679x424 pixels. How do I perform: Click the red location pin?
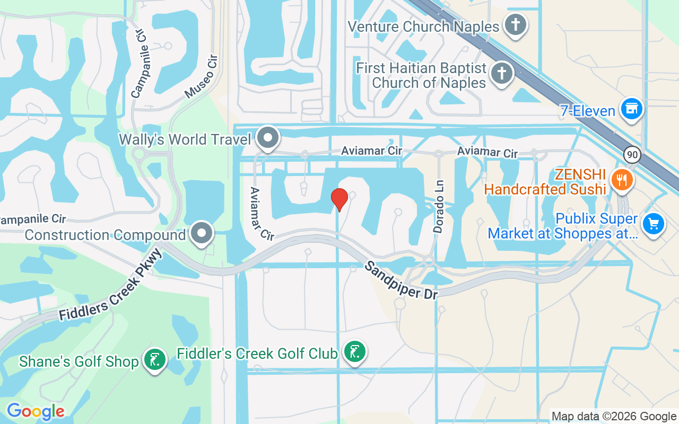point(339,199)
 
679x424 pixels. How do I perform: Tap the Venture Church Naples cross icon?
point(515,25)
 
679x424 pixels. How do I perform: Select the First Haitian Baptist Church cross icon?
point(501,73)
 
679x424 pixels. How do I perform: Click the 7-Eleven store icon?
point(631,109)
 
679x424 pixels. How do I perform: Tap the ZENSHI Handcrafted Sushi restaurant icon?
point(622,180)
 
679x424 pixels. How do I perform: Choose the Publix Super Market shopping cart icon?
point(654,224)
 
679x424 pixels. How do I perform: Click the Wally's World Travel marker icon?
point(268,138)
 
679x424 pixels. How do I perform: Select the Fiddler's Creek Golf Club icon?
point(354,352)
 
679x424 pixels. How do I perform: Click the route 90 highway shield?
point(631,155)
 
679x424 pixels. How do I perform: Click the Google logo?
point(36,411)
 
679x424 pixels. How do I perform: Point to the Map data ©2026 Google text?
point(614,417)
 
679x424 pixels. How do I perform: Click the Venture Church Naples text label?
point(423,26)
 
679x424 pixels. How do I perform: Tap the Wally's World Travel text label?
point(185,139)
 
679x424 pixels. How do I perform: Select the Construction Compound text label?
point(106,235)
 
